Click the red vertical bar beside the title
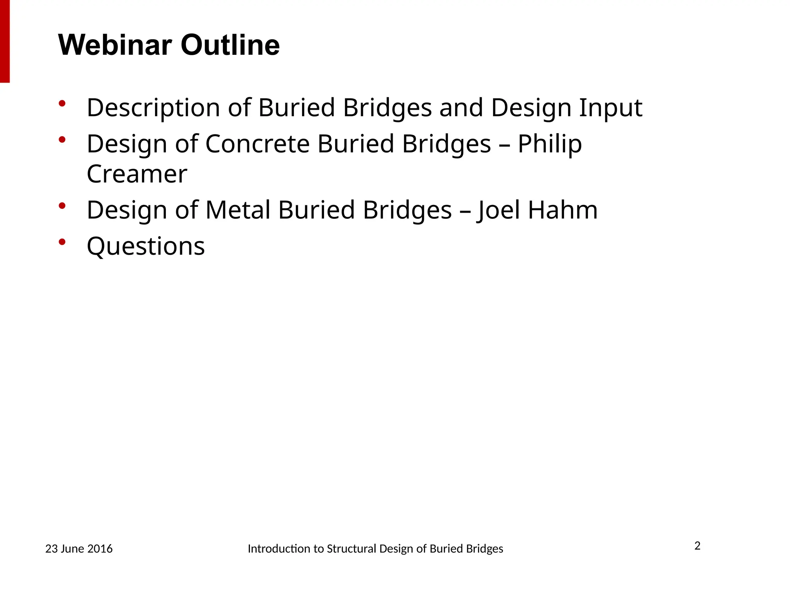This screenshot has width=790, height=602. (x=5, y=41)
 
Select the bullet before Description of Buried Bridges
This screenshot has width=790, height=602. (x=62, y=103)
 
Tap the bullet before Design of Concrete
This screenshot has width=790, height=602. (x=62, y=139)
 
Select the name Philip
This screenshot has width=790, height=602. (x=549, y=144)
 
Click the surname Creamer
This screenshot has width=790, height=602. (x=137, y=174)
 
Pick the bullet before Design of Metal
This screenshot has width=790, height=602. (x=62, y=206)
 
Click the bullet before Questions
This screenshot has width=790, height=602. (x=62, y=242)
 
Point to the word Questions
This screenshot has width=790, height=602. (x=145, y=247)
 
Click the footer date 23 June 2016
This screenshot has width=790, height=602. (x=79, y=549)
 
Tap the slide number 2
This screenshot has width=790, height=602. (x=697, y=546)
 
